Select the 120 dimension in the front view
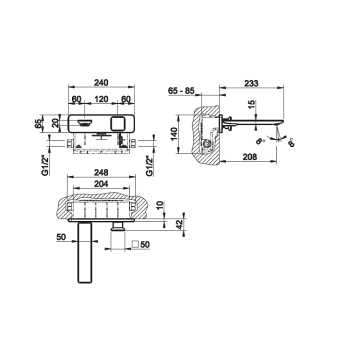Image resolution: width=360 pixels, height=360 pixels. click(101, 99)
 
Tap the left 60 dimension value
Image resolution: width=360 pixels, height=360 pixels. click(76, 99)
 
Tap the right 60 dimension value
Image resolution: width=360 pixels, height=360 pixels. click(125, 99)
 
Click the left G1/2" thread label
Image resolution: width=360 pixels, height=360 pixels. click(44, 165)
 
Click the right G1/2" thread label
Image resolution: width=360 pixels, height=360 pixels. click(148, 165)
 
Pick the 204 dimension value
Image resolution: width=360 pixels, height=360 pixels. click(102, 184)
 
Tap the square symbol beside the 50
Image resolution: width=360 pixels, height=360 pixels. click(134, 244)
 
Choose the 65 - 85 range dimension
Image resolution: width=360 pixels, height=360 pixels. click(181, 91)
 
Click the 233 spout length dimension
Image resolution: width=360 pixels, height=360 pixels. click(252, 84)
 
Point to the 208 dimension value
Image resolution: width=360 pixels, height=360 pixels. click(248, 157)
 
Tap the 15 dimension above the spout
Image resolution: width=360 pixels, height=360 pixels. click(251, 105)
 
